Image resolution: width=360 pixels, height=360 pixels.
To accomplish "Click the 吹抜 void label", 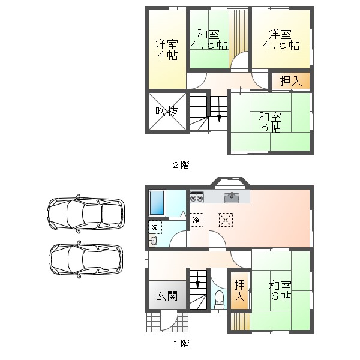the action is [167, 112].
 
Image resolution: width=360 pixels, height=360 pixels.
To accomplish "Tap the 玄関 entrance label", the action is [167, 296].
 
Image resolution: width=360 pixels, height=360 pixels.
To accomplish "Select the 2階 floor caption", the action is [181, 165].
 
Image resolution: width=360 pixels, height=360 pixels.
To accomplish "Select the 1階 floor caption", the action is [181, 344].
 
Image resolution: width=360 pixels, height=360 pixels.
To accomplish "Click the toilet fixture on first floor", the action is [220, 299].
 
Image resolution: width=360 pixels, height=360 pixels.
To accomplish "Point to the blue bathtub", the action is [157, 203].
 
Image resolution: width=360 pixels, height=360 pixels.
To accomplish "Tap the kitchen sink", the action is [232, 197].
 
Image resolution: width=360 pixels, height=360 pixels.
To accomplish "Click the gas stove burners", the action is [197, 197].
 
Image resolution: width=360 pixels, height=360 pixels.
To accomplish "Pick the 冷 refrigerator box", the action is [197, 220].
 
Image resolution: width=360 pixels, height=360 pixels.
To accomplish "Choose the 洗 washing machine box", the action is [155, 227].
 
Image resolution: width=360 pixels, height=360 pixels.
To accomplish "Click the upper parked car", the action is [86, 214].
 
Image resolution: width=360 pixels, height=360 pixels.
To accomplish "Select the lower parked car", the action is [86, 259].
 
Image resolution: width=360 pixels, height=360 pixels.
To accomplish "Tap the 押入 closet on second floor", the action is [291, 81].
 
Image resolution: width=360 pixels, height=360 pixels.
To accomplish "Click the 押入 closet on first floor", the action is [239, 290].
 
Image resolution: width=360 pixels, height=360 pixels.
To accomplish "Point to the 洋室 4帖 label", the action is [167, 49].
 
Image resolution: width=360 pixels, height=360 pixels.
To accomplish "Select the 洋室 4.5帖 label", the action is [281, 39].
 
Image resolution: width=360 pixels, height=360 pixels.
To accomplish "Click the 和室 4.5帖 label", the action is [209, 39].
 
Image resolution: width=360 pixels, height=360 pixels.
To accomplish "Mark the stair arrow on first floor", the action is [197, 280].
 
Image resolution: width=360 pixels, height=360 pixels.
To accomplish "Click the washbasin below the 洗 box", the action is [153, 241].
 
